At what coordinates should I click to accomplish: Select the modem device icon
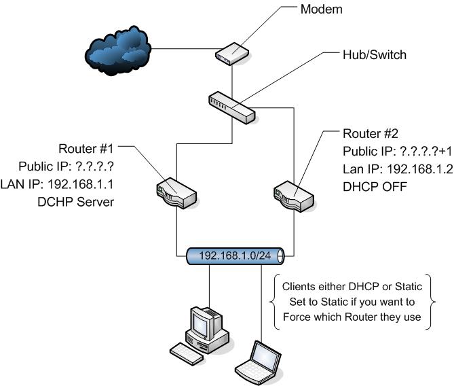[x=232, y=54]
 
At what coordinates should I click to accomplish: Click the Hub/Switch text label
[x=373, y=55]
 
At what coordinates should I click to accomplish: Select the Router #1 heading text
[x=87, y=148]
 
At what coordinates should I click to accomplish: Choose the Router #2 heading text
[x=370, y=133]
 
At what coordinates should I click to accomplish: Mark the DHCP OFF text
[x=375, y=184]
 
